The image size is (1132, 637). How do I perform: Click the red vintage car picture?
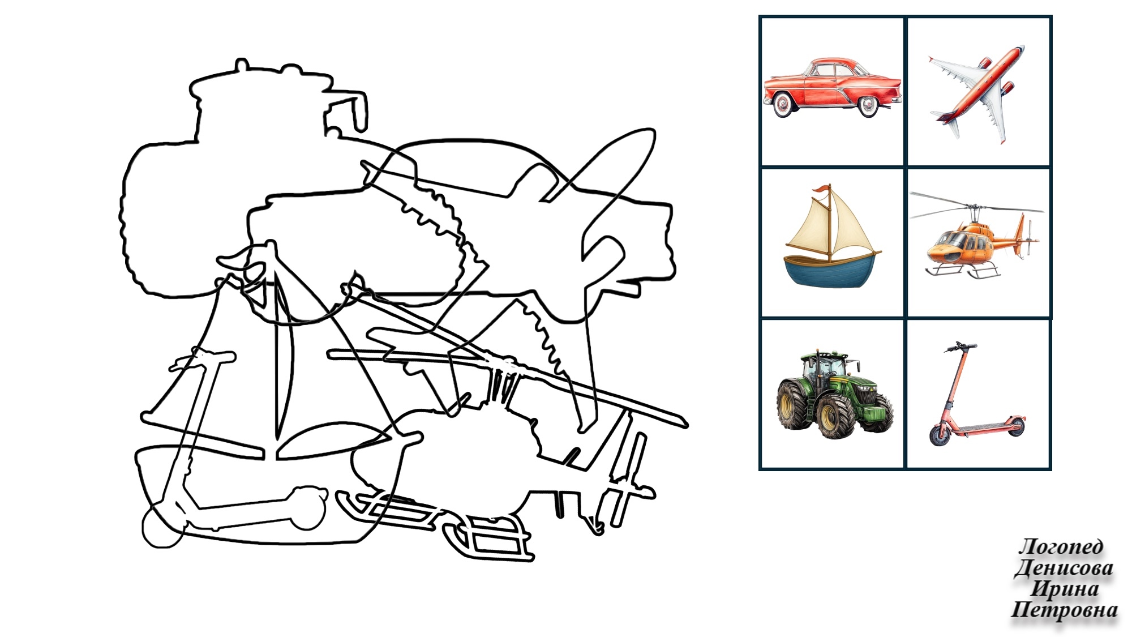[x=832, y=88]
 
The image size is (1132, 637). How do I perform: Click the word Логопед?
[x=1061, y=547]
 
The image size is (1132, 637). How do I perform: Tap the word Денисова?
[x=1064, y=568]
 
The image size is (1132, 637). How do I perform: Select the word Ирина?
[x=1065, y=589]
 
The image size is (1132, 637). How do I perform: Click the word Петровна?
[x=1064, y=610]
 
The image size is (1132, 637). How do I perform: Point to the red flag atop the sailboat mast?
[x=821, y=190]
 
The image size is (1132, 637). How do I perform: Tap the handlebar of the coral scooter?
[x=960, y=345]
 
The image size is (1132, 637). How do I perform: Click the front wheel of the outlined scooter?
[x=162, y=527]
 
